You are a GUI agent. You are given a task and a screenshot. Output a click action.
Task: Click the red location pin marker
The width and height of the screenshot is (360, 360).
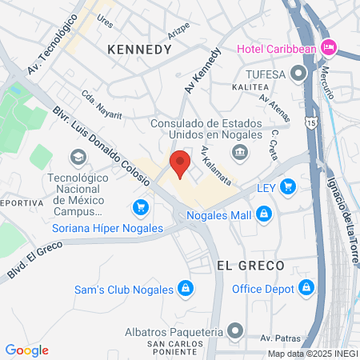click(x=181, y=163)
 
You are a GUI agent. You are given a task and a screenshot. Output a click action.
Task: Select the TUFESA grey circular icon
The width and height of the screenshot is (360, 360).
click(x=299, y=74)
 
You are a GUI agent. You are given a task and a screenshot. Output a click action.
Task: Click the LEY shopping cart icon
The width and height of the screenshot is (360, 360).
click(x=287, y=187)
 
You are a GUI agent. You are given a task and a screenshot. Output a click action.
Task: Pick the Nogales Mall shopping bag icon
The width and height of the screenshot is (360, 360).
click(x=264, y=214)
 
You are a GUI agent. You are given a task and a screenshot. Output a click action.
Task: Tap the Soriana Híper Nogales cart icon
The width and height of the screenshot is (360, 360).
click(x=141, y=208)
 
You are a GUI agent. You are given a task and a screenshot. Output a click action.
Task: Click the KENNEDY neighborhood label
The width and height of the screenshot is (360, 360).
click(x=139, y=50)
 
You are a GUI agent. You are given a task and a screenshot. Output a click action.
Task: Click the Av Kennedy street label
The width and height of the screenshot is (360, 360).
click(x=202, y=70)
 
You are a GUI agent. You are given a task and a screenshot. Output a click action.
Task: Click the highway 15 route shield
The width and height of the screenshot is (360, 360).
click(x=309, y=122)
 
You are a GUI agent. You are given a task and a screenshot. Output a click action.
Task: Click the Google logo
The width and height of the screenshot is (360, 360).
click(x=26, y=350)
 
